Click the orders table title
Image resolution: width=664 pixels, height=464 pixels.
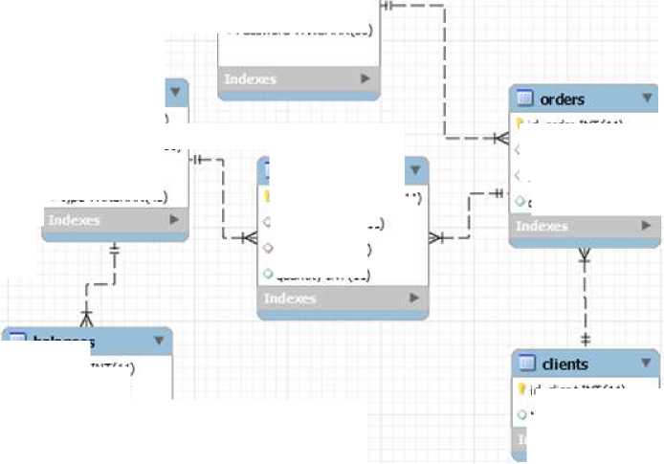[562, 99]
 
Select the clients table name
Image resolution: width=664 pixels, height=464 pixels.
[564, 364]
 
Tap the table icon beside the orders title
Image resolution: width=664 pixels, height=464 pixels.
[524, 99]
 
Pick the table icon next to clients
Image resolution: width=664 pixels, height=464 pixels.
[524, 364]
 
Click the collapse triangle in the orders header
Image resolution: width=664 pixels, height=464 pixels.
[648, 98]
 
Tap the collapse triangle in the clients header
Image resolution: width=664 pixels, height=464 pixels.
[648, 363]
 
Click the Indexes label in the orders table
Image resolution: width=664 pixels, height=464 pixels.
[542, 227]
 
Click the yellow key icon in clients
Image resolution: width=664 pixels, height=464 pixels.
[521, 389]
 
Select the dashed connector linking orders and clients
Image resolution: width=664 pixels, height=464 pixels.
[585, 297]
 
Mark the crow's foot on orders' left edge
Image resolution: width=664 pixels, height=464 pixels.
[500, 139]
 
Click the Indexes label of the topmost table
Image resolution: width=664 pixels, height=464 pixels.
[250, 79]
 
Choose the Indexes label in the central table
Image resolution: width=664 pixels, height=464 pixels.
[289, 298]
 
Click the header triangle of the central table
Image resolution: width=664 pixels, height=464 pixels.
[415, 171]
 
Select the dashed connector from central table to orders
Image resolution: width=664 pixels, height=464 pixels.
[468, 215]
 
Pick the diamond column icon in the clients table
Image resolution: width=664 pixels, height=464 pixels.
[521, 414]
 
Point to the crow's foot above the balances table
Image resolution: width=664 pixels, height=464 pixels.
[87, 316]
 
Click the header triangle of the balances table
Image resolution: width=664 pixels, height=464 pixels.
[159, 341]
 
